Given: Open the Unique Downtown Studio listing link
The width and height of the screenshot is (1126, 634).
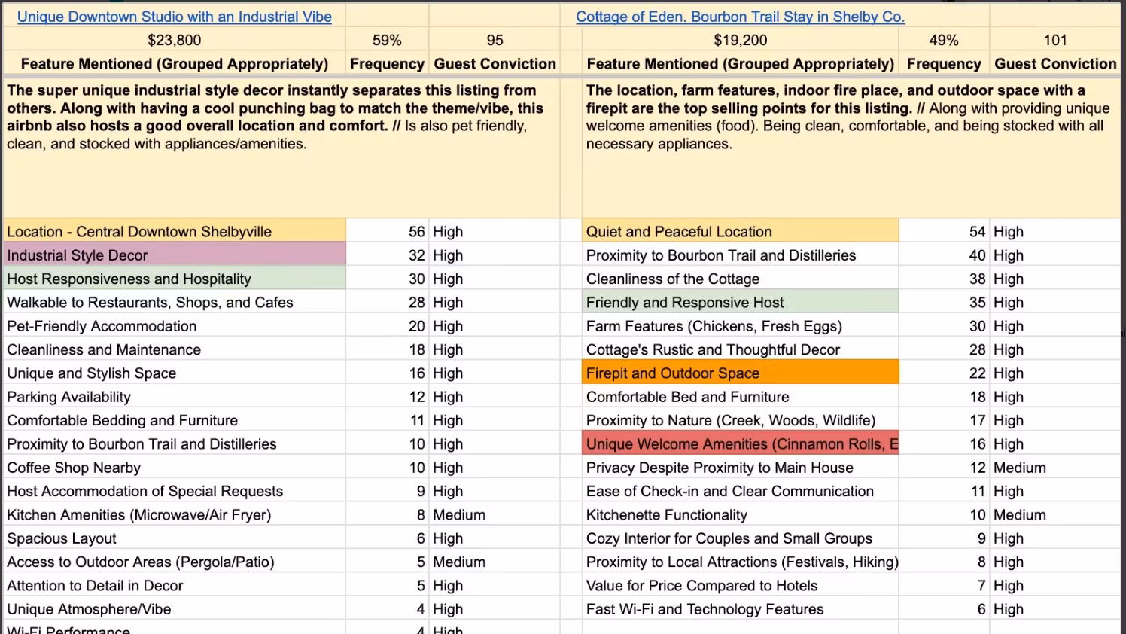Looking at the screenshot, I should click(174, 17).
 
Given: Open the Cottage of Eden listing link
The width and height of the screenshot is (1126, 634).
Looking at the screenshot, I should click(740, 17).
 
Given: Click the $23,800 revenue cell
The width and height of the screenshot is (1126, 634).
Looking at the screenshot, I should click(174, 40).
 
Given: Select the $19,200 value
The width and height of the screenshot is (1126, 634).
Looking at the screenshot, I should click(740, 40).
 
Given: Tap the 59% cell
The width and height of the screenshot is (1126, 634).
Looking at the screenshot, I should click(387, 40).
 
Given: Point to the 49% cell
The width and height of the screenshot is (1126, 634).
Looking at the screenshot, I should click(943, 40).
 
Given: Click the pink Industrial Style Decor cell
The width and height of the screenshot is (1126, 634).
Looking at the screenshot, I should click(174, 255).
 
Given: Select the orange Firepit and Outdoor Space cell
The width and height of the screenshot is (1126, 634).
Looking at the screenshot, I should click(740, 373).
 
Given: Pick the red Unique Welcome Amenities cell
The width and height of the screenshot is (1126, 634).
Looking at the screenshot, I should click(740, 444).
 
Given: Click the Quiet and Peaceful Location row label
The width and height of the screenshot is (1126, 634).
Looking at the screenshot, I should click(679, 232).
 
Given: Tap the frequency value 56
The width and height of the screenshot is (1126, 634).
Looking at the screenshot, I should click(416, 232).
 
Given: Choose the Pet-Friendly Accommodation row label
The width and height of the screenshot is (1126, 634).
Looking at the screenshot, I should click(102, 326).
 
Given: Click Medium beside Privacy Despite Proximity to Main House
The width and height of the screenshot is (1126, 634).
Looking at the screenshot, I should click(1019, 468).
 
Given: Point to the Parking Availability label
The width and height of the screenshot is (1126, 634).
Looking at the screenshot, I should click(68, 397).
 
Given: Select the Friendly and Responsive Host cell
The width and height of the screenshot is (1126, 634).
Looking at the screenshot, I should click(685, 303).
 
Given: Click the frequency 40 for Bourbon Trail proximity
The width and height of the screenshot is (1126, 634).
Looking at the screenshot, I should click(977, 255).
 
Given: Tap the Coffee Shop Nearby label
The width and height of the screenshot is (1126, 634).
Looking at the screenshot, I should click(74, 468).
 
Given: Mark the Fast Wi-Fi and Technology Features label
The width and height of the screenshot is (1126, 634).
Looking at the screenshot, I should click(705, 609).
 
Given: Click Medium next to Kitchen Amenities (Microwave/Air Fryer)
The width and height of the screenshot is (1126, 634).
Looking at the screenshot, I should click(458, 515).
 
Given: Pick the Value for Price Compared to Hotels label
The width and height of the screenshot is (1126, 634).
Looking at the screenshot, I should click(701, 586).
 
